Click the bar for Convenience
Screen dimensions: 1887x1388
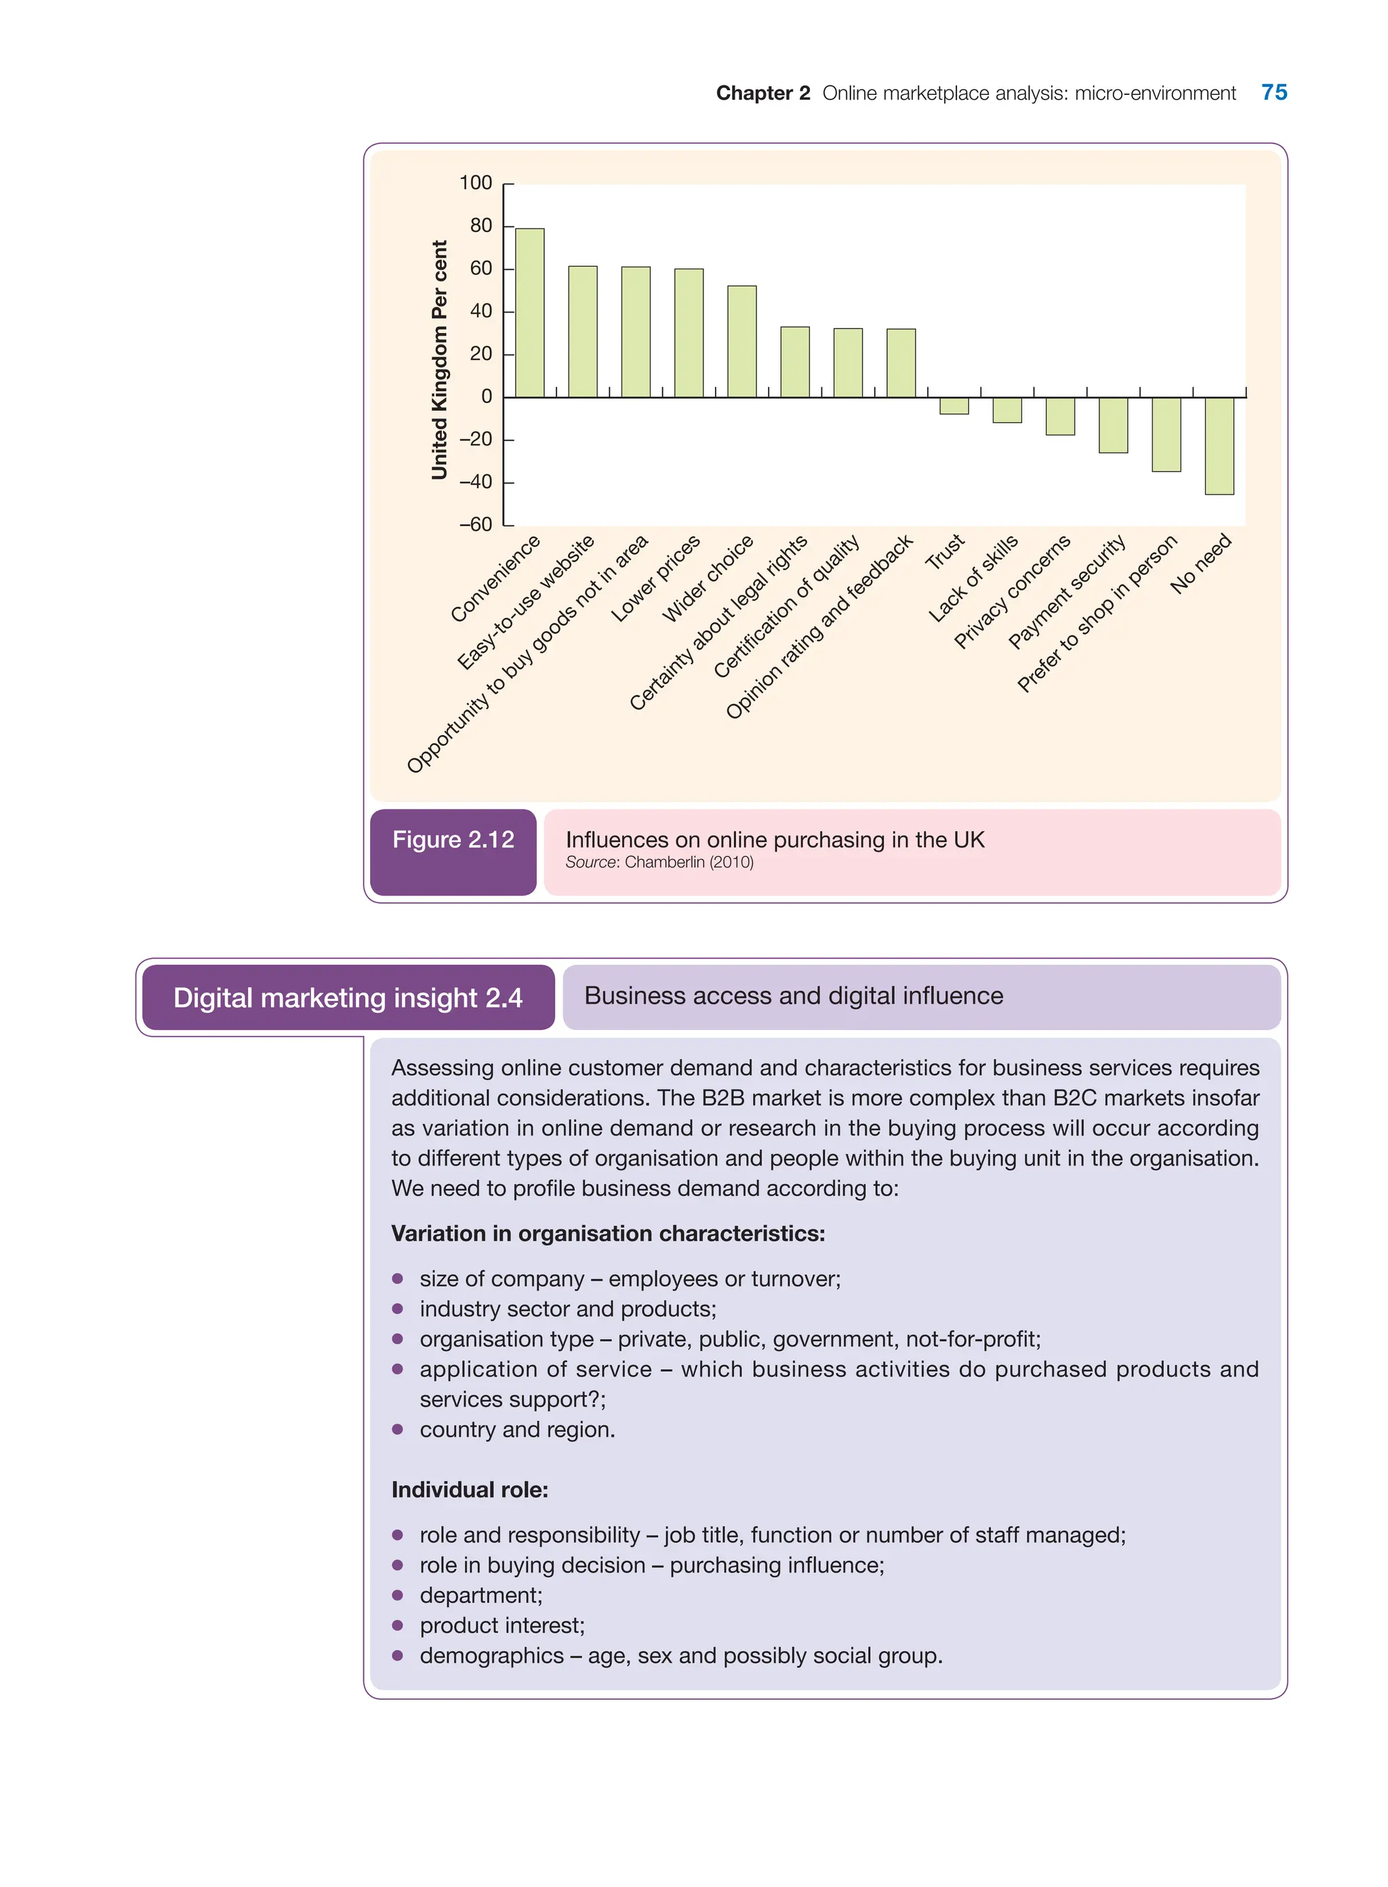click(529, 313)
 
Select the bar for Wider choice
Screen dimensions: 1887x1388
click(742, 341)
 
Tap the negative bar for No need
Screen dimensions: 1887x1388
click(1219, 445)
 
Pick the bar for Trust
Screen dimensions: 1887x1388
click(954, 406)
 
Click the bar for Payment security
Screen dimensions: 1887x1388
click(1114, 425)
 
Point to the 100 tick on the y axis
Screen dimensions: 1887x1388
click(476, 183)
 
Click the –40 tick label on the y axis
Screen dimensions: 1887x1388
click(476, 483)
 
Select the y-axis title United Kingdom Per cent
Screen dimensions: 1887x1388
click(439, 360)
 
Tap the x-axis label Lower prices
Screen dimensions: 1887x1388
click(656, 578)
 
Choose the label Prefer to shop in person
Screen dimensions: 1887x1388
click(1097, 614)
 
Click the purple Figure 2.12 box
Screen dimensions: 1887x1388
click(453, 851)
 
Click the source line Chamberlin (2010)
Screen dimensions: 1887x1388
click(659, 862)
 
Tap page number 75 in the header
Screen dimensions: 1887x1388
click(1273, 92)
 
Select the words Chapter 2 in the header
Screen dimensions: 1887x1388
click(762, 94)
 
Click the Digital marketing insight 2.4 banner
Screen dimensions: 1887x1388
click(348, 997)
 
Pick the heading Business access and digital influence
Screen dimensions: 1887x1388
click(793, 996)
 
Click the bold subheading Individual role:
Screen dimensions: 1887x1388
click(470, 1490)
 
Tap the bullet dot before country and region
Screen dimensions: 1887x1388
click(397, 1429)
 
